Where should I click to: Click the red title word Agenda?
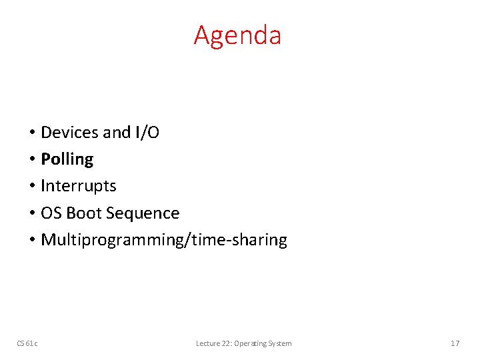coord(237,35)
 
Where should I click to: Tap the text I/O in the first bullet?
coord(147,133)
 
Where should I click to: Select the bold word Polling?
coord(67,159)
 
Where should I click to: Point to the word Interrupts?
coord(78,186)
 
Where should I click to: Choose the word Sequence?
coord(143,213)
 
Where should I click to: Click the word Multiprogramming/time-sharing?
coord(163,240)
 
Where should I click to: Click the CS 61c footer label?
coord(27,343)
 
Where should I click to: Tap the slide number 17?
coord(455,343)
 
